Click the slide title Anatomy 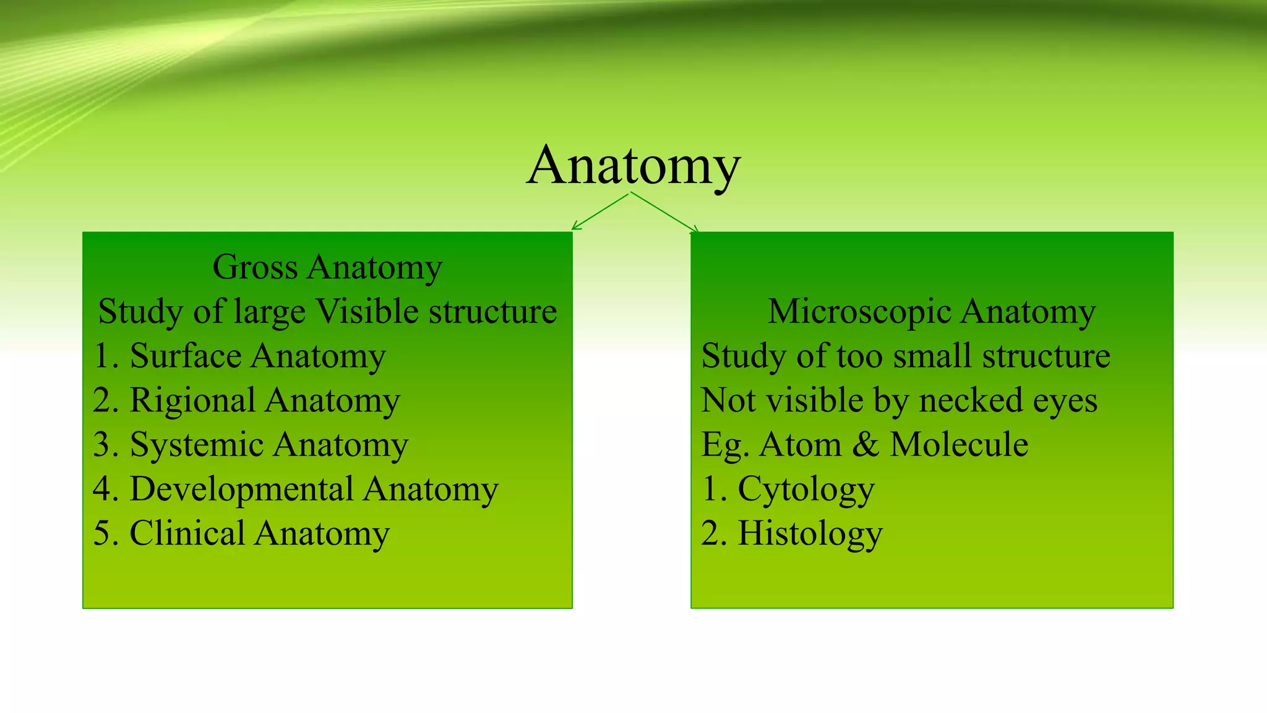coord(633,166)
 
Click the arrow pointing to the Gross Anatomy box coord(599,212)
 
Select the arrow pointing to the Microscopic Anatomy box coord(666,212)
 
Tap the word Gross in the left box coord(255,267)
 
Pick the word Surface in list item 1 coord(185,356)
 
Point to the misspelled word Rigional coord(192,400)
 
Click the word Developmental coord(241,489)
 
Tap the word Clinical coord(187,534)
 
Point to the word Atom coord(801,445)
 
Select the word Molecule coord(959,445)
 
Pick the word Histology coord(810,534)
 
